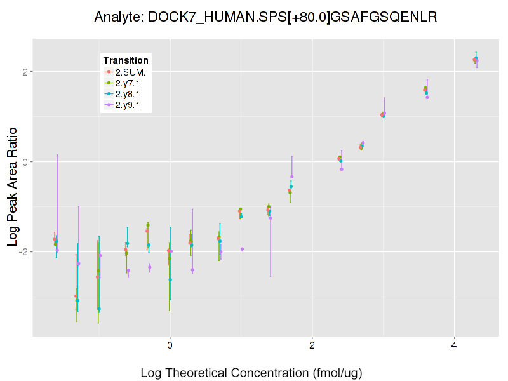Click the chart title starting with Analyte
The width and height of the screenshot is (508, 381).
(x=265, y=17)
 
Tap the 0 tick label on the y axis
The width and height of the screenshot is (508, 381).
(x=24, y=162)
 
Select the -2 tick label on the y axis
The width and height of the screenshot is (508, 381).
(x=22, y=252)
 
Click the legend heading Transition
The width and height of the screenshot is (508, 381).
(x=126, y=60)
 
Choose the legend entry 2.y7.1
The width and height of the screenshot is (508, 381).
(x=131, y=83)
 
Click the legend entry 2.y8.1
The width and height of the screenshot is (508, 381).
(x=131, y=93)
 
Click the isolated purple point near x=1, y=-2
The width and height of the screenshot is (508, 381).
(x=242, y=249)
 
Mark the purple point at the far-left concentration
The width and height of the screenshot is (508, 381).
(x=57, y=250)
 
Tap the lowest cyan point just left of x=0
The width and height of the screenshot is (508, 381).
(x=99, y=309)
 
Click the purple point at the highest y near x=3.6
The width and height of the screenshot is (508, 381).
(x=427, y=97)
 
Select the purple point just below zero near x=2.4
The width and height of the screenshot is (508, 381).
(x=342, y=169)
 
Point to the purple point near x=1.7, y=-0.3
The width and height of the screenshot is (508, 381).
(x=292, y=177)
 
